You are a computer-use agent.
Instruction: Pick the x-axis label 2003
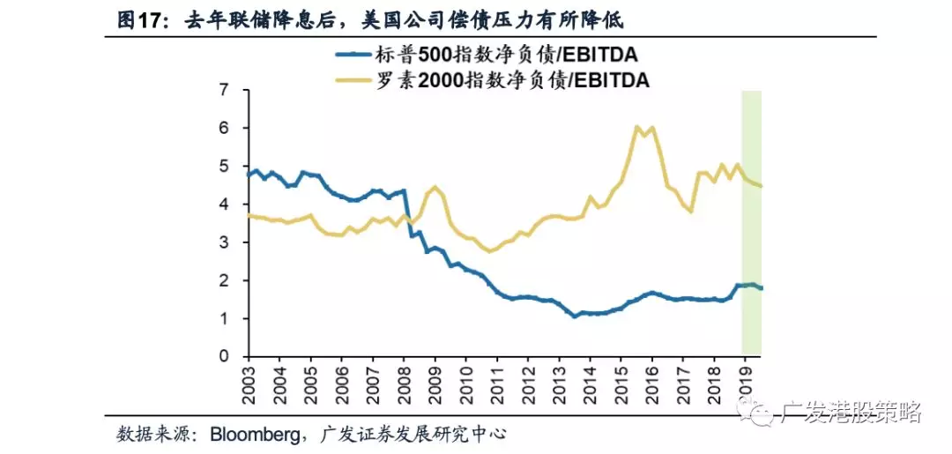click(x=249, y=381)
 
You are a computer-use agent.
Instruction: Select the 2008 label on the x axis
click(x=404, y=381)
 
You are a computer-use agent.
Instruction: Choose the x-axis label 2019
click(x=746, y=381)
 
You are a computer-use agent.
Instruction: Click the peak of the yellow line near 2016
click(x=636, y=127)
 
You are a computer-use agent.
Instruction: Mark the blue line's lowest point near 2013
click(x=575, y=316)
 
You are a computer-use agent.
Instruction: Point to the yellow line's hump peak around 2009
click(x=435, y=187)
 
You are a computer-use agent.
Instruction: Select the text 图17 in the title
click(x=142, y=19)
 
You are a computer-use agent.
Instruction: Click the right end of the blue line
click(x=761, y=287)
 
